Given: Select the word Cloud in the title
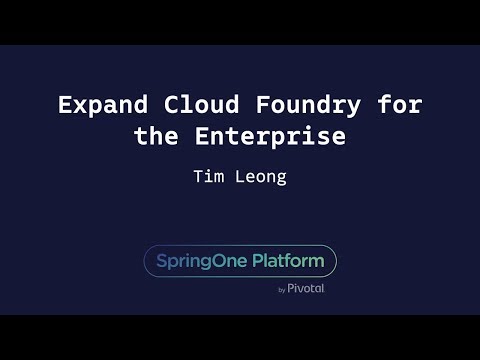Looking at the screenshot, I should click(196, 104).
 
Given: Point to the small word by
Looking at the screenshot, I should click(282, 290).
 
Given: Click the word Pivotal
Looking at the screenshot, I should click(306, 289).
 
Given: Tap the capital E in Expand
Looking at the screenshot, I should click(65, 104).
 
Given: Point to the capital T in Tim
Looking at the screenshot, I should click(198, 177).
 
